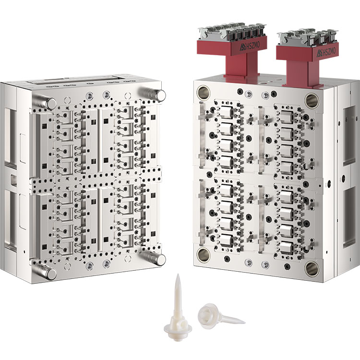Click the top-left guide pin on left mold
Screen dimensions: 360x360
45,102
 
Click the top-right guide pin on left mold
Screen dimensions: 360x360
153,94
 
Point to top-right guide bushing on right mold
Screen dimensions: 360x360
312,100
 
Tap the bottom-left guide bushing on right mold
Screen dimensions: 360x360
204,254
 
